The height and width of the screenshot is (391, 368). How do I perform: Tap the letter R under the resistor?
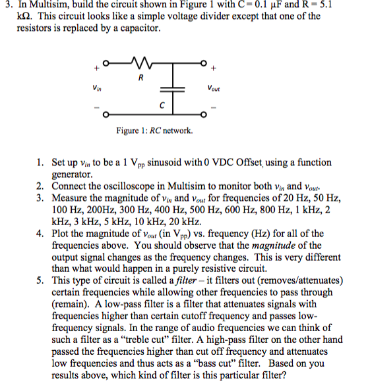tap(140, 78)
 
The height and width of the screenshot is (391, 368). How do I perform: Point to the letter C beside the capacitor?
tap(161, 105)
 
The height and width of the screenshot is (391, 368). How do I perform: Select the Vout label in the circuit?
tap(214, 88)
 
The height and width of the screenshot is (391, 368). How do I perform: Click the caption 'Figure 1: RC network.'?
tap(154, 130)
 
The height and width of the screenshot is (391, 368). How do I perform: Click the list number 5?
tap(40, 280)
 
